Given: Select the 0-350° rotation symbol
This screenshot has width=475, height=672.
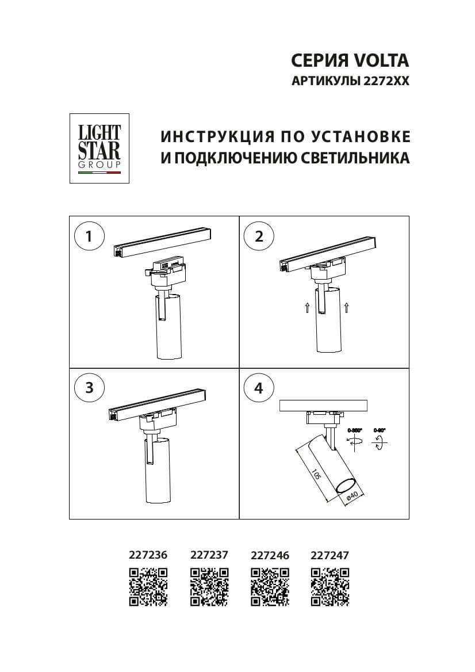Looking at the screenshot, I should (x=354, y=440).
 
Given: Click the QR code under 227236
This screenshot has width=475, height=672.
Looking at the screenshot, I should (x=148, y=586).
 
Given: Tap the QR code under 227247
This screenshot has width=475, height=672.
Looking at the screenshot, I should (x=330, y=586).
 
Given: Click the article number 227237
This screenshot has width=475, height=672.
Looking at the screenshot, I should (x=209, y=555).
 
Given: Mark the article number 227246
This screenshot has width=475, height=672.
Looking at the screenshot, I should (x=270, y=555).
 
